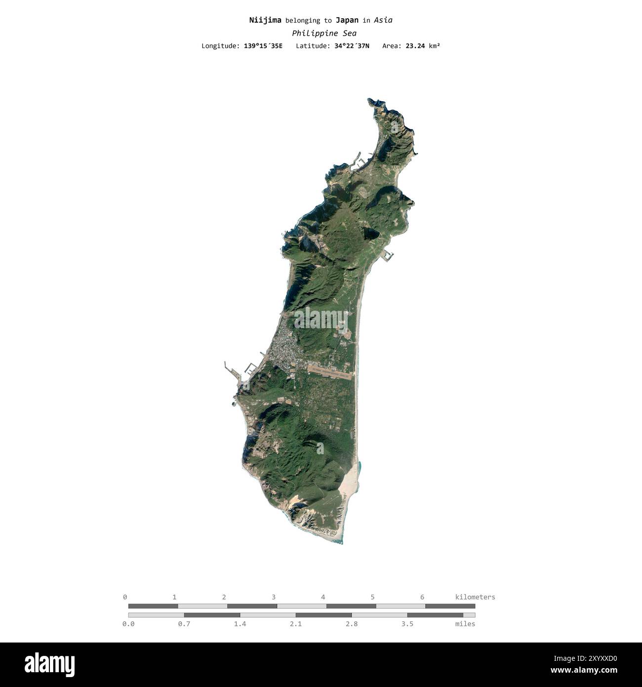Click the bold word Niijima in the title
[265, 20]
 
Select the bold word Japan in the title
[347, 20]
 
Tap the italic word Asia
[383, 20]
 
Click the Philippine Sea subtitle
[324, 33]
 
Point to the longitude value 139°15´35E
[263, 46]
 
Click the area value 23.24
[415, 46]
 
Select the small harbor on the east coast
[388, 255]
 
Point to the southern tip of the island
[341, 543]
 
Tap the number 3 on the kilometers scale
[274, 597]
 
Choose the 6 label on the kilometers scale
[422, 597]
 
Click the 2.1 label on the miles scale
[296, 624]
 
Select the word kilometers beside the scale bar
[475, 597]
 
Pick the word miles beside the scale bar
[465, 624]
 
